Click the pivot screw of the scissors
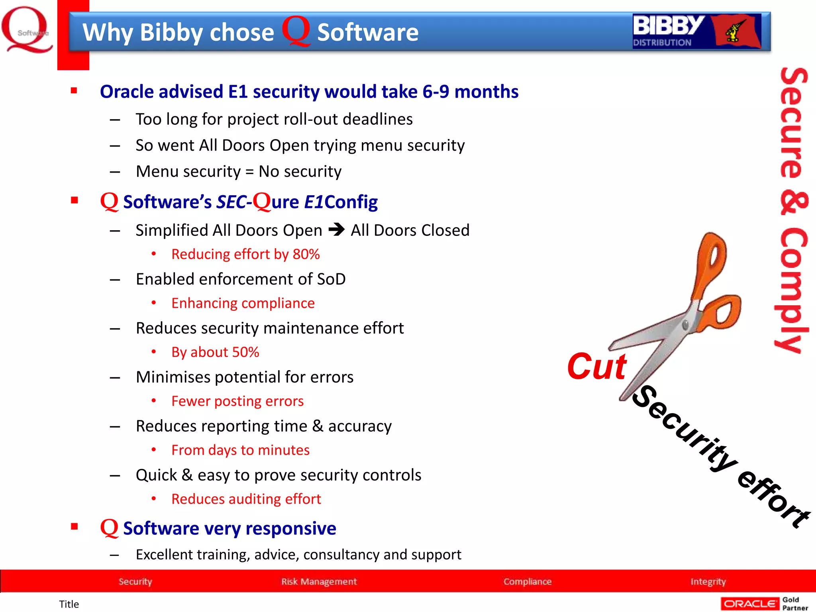685,324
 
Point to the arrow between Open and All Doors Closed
337,230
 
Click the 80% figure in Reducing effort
306,254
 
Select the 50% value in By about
245,352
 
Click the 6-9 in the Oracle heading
435,92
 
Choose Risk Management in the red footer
319,581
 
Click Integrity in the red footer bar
708,581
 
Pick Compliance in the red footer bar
527,581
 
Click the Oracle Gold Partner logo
764,604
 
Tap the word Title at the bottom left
69,604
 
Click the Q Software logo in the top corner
27,30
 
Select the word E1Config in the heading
341,202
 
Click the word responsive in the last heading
291,528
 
